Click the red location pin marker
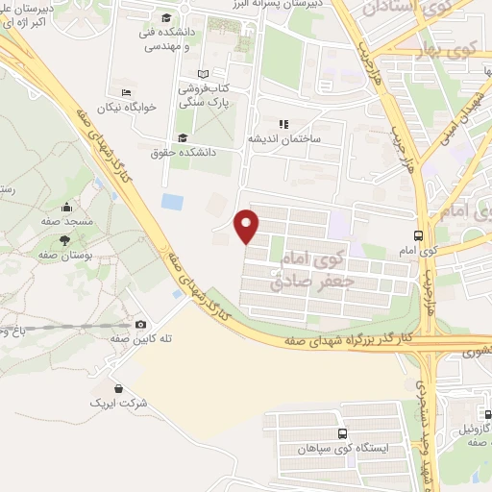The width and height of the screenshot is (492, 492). pyautogui.click(x=248, y=226)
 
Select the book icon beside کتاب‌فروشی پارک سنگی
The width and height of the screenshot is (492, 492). pyautogui.click(x=202, y=73)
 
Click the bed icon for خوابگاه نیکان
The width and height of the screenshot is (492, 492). pyautogui.click(x=127, y=93)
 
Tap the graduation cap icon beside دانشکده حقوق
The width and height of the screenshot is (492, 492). pyautogui.click(x=183, y=136)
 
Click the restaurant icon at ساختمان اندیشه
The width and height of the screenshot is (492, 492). pyautogui.click(x=283, y=124)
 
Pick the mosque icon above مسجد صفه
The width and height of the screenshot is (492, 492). pyautogui.click(x=65, y=207)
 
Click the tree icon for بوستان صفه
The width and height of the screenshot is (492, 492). pyautogui.click(x=65, y=240)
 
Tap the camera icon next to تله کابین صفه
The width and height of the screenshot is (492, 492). pyautogui.click(x=141, y=325)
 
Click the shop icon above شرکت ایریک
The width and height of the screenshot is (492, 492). pyautogui.click(x=117, y=388)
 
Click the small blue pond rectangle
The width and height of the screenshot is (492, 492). pyautogui.click(x=173, y=203)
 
